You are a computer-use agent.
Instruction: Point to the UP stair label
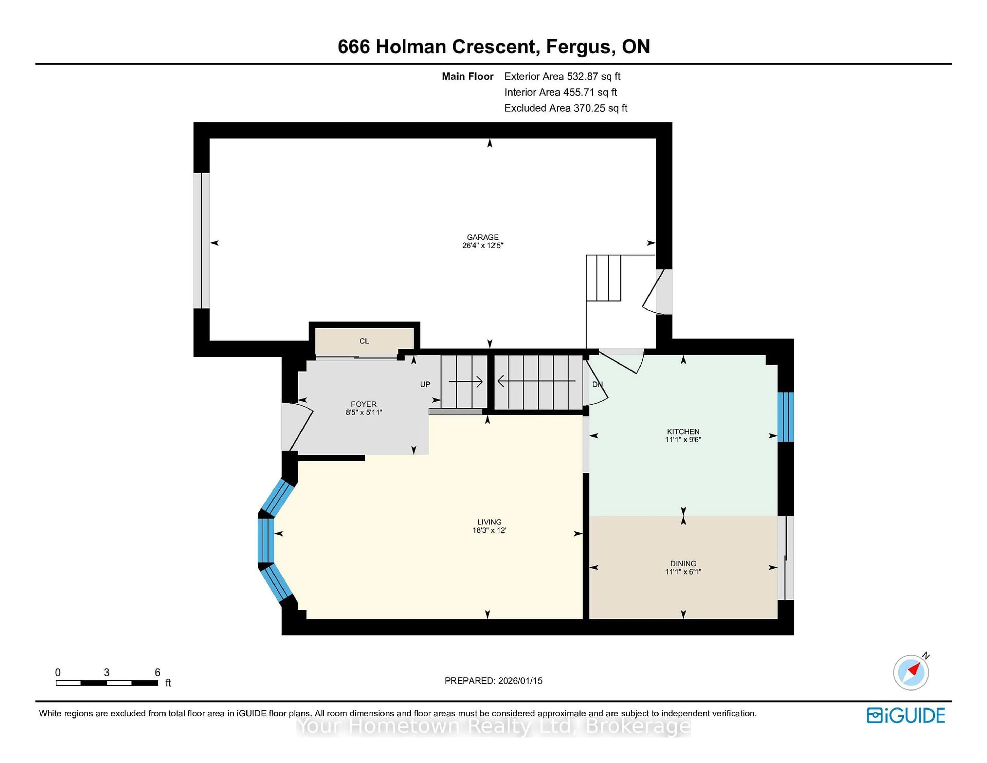(425, 385)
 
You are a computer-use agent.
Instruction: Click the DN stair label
(597, 385)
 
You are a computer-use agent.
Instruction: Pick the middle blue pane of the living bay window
(266, 540)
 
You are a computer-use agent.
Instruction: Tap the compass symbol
(911, 673)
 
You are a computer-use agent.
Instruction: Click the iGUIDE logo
(906, 715)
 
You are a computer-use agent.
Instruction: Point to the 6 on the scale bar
(157, 673)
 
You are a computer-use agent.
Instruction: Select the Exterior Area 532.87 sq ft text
(562, 76)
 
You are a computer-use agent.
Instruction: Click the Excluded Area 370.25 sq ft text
(565, 108)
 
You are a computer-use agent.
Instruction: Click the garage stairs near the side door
(603, 278)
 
